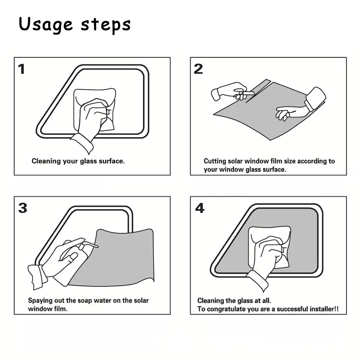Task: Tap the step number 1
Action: coord(22,69)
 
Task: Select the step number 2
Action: coord(198,69)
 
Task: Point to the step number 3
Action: coord(23,208)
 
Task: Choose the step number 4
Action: coord(200,208)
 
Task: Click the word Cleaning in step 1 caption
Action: coord(46,161)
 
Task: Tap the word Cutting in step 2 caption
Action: coord(215,161)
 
